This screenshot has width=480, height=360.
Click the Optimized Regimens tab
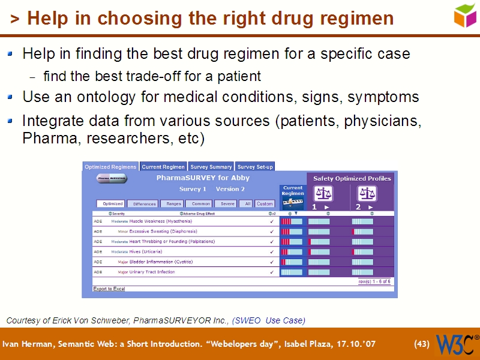click(110, 167)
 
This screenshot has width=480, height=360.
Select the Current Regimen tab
click(163, 167)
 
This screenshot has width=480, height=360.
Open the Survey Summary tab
click(211, 167)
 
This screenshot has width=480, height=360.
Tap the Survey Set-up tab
click(255, 167)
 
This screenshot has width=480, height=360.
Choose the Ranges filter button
click(173, 204)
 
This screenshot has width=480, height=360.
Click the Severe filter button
click(227, 204)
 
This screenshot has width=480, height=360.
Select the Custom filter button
click(265, 204)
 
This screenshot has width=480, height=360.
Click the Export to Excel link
click(109, 289)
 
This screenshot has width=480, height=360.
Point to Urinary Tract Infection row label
click(152, 272)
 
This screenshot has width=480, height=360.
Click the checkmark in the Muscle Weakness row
click(272, 221)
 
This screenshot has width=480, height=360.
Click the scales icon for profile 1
click(324, 194)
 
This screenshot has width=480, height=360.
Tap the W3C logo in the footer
click(455, 344)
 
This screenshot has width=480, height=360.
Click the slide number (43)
click(422, 344)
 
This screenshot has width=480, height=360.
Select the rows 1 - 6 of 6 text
click(374, 281)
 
